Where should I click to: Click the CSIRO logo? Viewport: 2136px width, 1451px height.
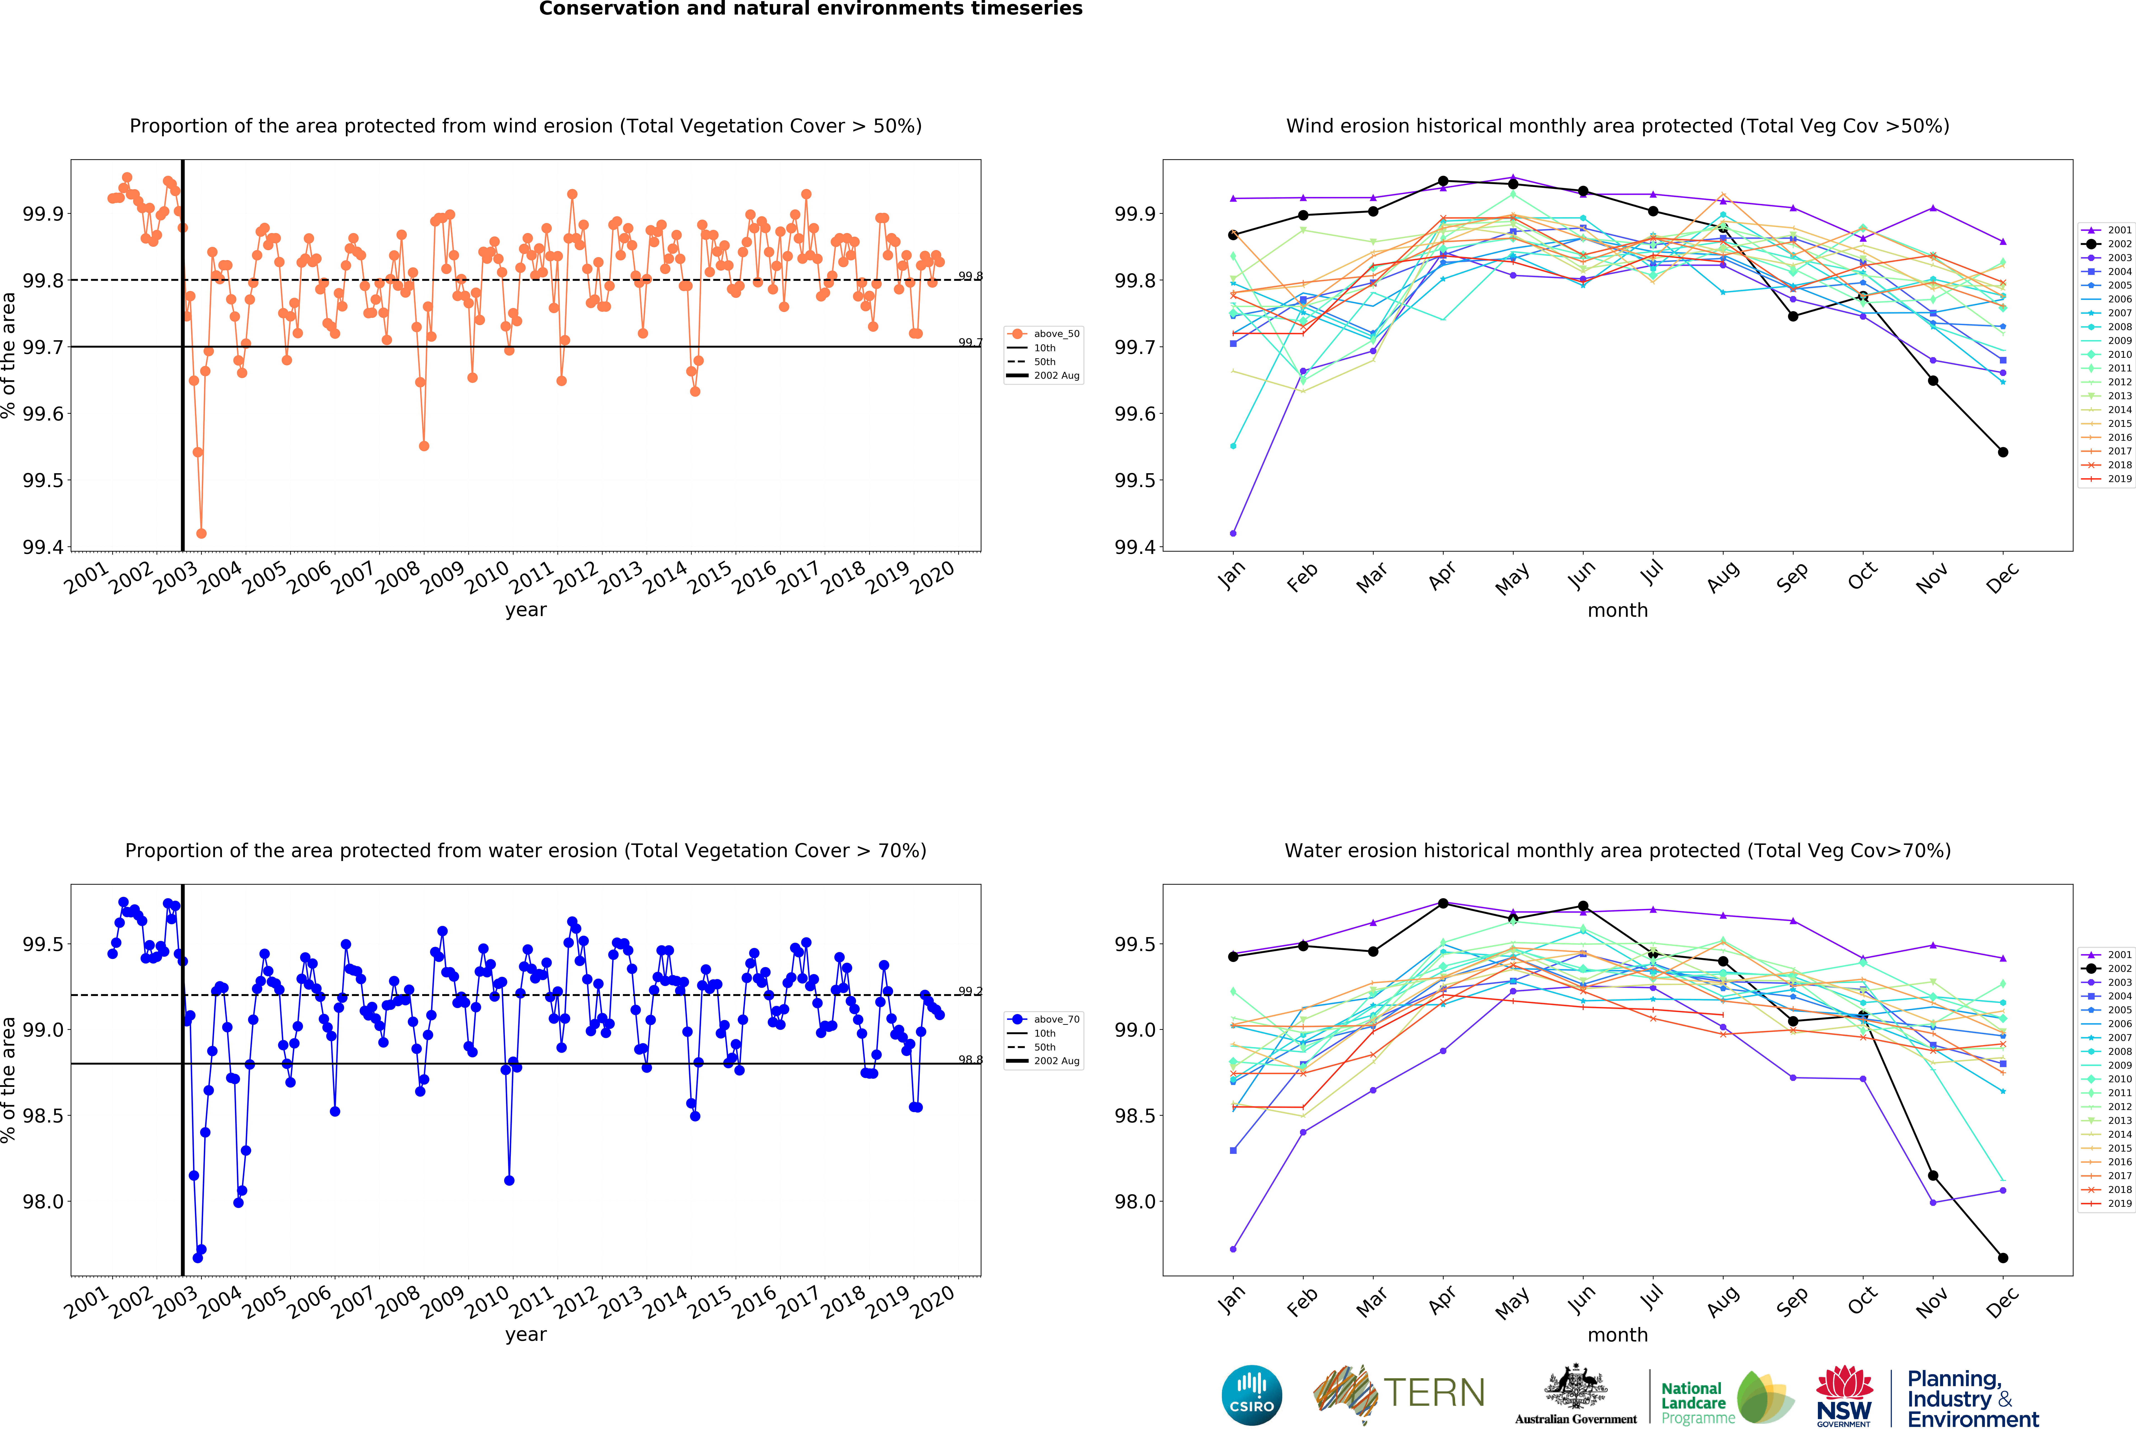[1252, 1395]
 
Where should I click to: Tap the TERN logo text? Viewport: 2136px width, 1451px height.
[1434, 1393]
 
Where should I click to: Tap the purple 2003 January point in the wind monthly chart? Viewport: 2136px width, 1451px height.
[1233, 533]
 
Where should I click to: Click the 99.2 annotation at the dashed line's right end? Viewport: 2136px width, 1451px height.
[970, 991]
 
